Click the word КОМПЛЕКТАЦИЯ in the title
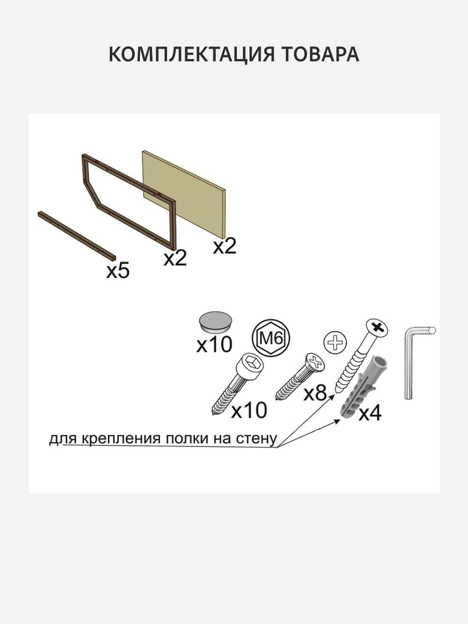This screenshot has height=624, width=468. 192,54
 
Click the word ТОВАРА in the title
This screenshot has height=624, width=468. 321,54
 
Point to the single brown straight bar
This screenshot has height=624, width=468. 77,235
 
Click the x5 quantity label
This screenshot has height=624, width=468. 118,271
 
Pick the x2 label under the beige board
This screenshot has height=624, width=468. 225,246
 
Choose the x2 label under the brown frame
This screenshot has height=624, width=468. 175,258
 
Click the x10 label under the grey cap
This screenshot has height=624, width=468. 214,345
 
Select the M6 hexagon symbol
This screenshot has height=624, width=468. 271,338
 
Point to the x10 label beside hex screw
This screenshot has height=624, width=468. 249,410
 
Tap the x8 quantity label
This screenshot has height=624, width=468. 315,393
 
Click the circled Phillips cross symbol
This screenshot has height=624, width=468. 335,343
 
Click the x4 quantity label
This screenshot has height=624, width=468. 370,413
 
